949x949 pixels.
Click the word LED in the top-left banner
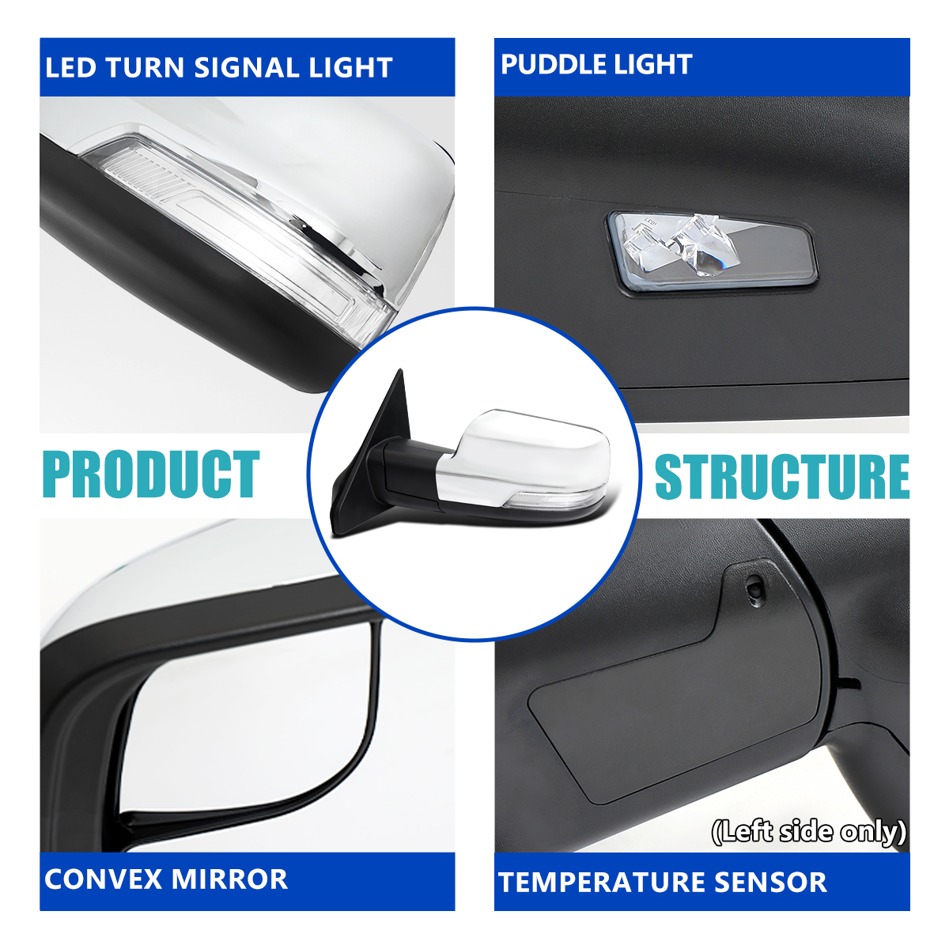pyautogui.click(x=70, y=67)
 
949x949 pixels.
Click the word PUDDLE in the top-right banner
pyautogui.click(x=555, y=65)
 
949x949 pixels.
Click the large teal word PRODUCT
pyautogui.click(x=151, y=474)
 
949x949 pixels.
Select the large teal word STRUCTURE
pyautogui.click(x=782, y=476)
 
